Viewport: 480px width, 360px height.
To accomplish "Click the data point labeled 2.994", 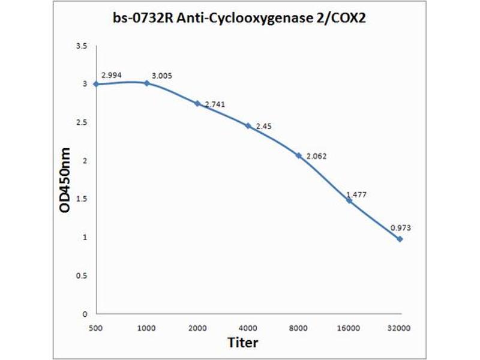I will pyautogui.click(x=96, y=84).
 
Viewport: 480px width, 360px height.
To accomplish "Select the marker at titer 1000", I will pyautogui.click(x=146, y=83).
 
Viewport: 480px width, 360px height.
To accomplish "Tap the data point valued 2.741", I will pyautogui.click(x=197, y=103).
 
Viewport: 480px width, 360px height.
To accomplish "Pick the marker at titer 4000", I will pyautogui.click(x=248, y=125).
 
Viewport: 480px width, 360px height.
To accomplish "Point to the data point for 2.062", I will pyautogui.click(x=298, y=155).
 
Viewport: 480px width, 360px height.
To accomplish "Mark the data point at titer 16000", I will pyautogui.click(x=349, y=200).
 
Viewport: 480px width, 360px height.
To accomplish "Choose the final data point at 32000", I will pyautogui.click(x=400, y=239).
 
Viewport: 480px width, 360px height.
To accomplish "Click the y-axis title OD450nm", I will pyautogui.click(x=66, y=180).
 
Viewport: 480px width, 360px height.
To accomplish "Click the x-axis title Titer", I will pyautogui.click(x=243, y=343).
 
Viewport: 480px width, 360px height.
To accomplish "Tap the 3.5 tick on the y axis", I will pyautogui.click(x=83, y=46).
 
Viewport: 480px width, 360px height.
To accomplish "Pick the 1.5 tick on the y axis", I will pyautogui.click(x=83, y=199).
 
